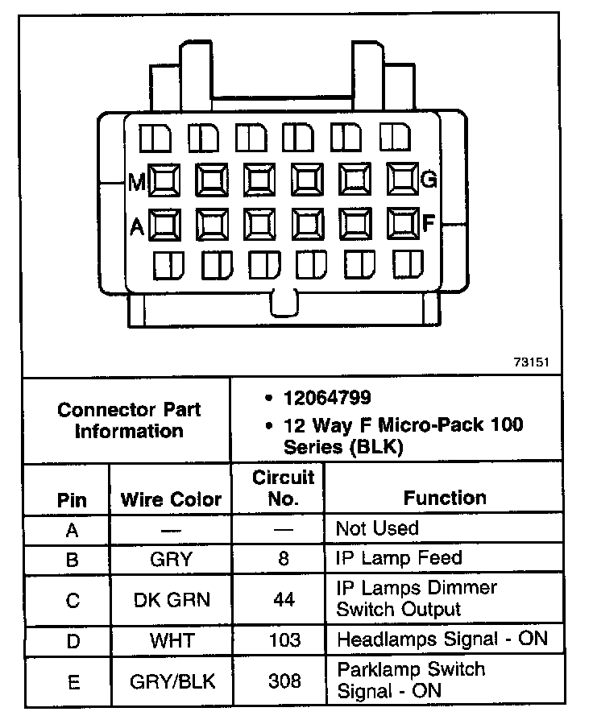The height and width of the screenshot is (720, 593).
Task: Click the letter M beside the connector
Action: [137, 183]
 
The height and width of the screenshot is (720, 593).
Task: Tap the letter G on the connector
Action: [429, 180]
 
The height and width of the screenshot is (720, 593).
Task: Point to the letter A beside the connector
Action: [137, 228]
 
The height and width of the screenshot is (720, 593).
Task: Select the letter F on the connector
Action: [429, 223]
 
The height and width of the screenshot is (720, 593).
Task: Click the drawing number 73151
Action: [530, 362]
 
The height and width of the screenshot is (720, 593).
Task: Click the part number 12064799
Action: [326, 398]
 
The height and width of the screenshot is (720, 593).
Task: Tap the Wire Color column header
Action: [170, 499]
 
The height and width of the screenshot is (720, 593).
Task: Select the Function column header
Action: [445, 498]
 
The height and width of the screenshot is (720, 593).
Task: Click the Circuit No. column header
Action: [283, 487]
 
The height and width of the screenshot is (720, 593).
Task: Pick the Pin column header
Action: [72, 500]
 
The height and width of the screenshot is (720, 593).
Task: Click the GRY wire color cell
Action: [170, 559]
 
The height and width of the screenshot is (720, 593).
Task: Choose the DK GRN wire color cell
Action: [170, 600]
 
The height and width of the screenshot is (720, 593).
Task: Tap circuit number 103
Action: [283, 641]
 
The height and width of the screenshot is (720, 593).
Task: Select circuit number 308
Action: [283, 681]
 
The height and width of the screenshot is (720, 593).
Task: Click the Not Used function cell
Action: [377, 529]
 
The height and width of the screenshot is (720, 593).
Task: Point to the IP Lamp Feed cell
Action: [399, 558]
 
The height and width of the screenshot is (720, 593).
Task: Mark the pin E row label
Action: [73, 682]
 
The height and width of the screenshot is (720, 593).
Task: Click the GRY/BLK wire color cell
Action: [170, 681]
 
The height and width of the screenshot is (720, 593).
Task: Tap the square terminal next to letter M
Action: [165, 181]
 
